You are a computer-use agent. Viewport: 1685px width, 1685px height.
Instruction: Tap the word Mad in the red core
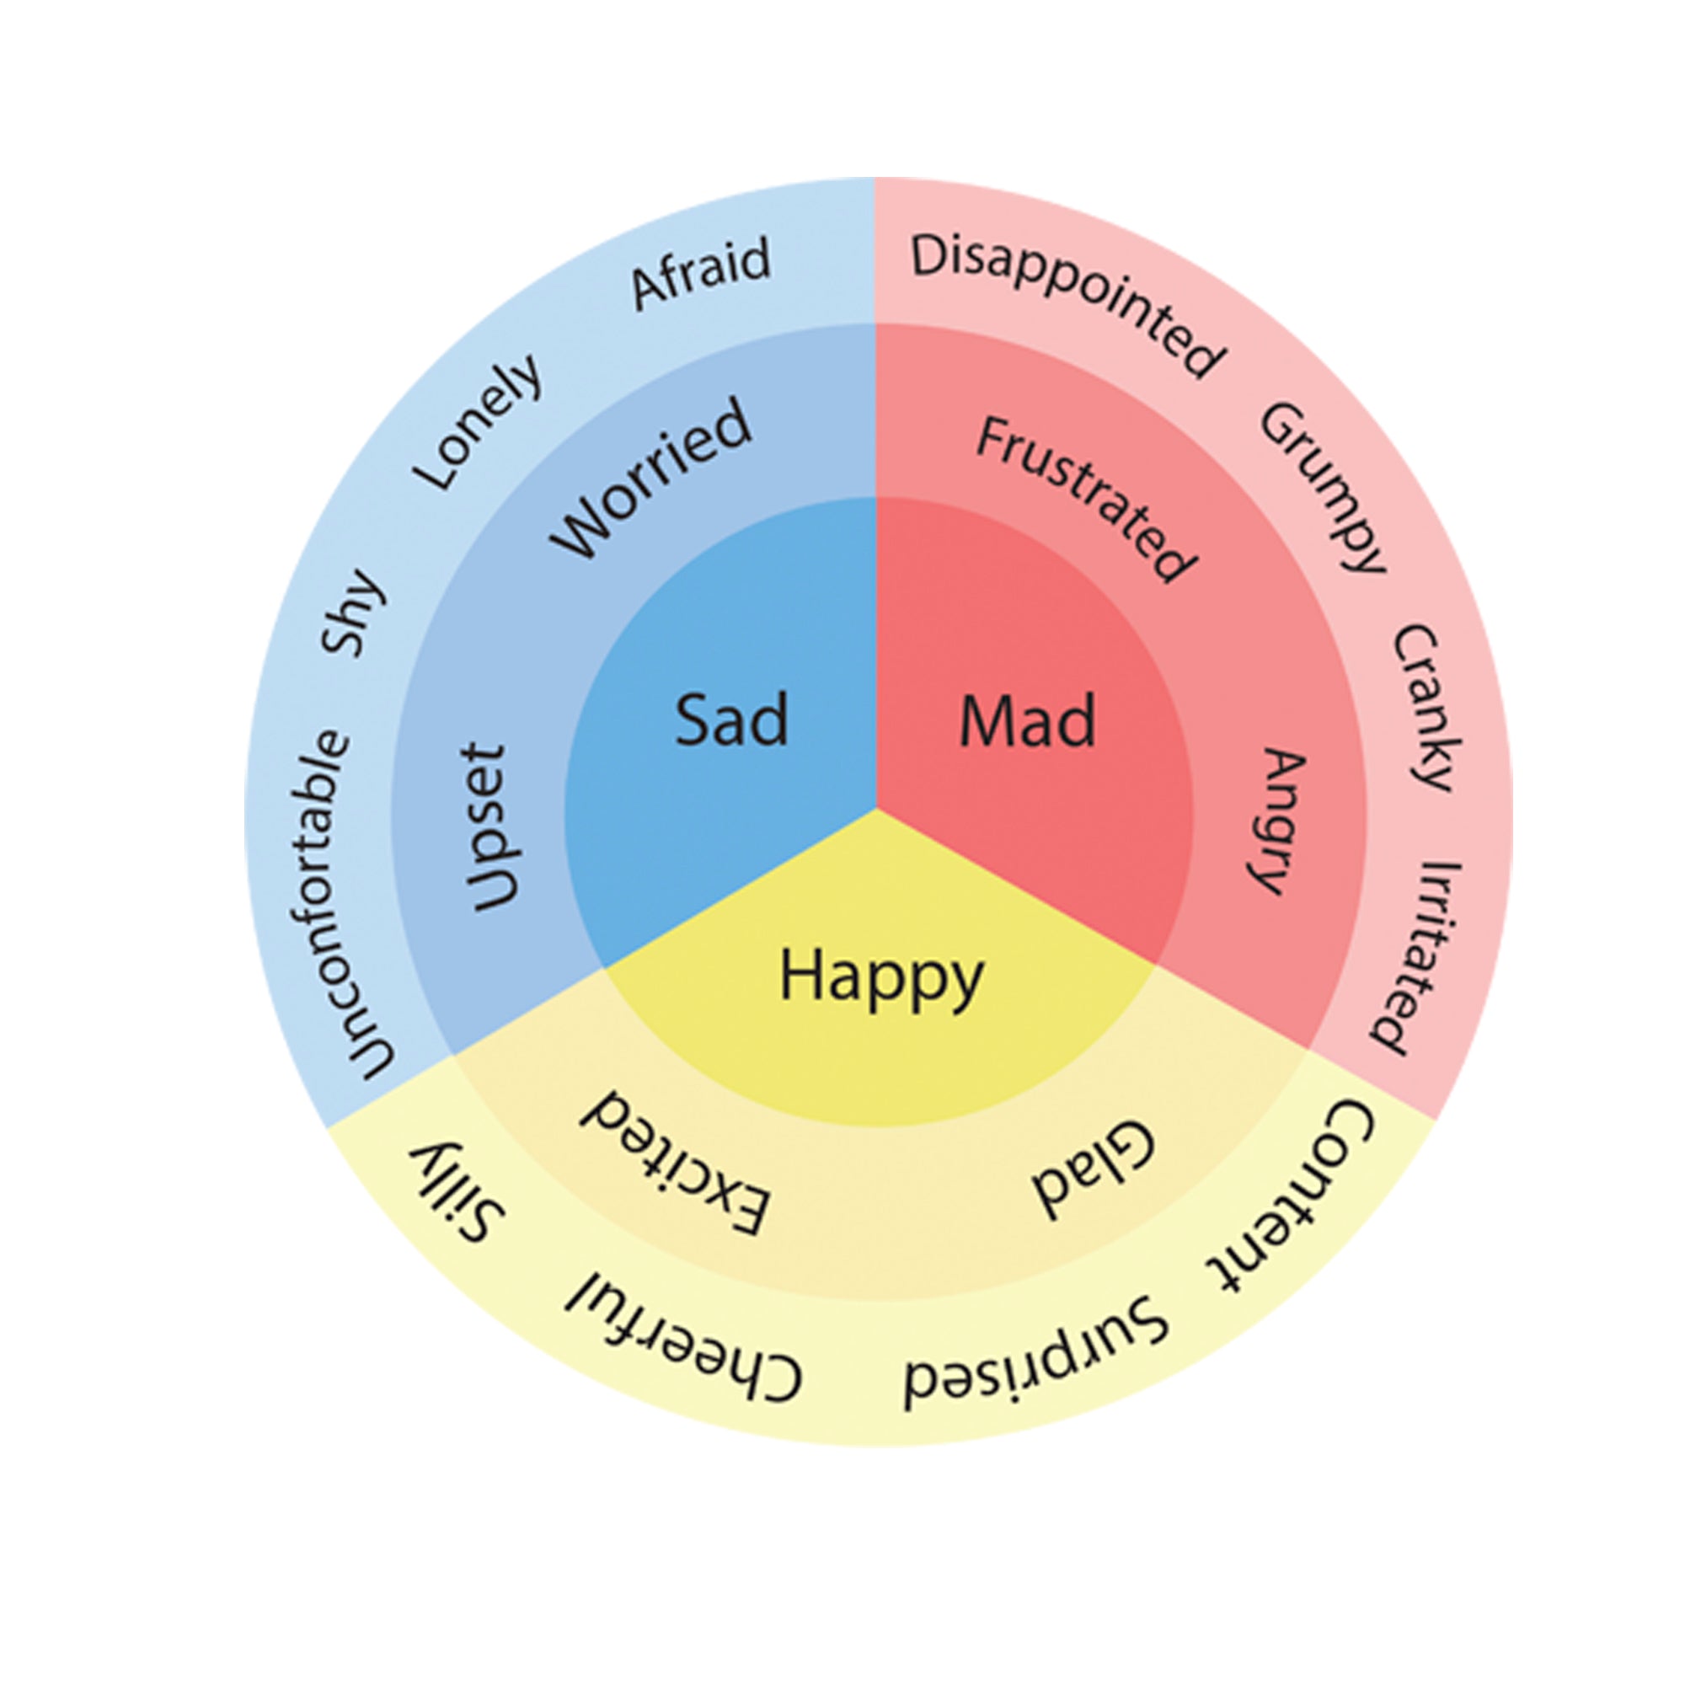click(1026, 721)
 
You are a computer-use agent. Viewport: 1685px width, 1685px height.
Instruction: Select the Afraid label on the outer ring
click(701, 271)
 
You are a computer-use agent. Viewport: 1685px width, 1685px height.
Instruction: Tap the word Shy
click(353, 612)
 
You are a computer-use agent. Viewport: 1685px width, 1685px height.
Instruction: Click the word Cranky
click(1427, 708)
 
